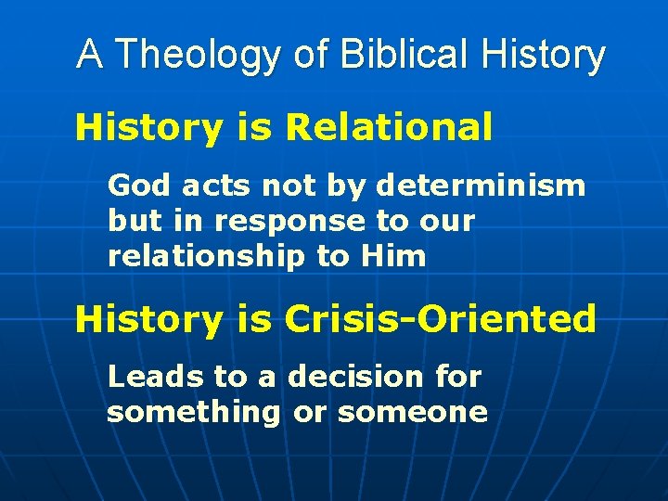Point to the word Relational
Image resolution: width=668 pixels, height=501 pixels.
click(389, 127)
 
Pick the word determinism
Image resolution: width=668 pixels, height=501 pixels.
click(481, 186)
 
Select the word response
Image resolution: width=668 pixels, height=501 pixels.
click(289, 223)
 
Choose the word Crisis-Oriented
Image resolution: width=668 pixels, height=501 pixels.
click(441, 319)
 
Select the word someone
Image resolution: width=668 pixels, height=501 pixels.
click(412, 412)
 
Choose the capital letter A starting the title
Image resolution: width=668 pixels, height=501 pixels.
click(89, 55)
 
